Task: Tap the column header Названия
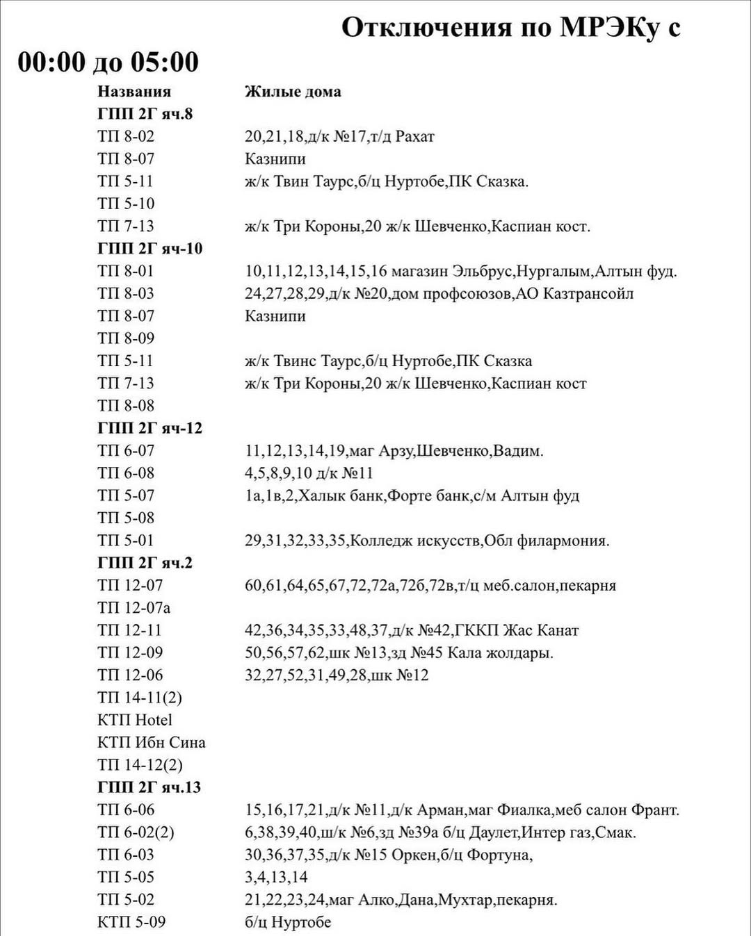(134, 92)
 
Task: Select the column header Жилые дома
(293, 92)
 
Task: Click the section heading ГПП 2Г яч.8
(145, 114)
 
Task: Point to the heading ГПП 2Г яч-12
(150, 428)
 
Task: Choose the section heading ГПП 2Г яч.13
(149, 787)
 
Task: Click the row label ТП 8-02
(126, 136)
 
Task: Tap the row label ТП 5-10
(126, 204)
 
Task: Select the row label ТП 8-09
(126, 338)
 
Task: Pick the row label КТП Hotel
(134, 720)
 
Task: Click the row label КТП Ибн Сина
(151, 742)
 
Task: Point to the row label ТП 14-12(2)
(140, 765)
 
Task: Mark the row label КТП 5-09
(131, 922)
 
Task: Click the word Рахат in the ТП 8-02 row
(414, 136)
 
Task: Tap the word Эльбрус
(482, 271)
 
